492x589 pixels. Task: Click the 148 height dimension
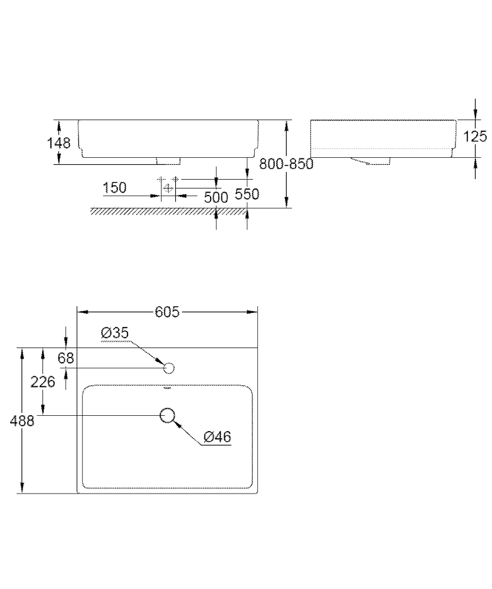(60, 143)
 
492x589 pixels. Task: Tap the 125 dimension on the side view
(475, 137)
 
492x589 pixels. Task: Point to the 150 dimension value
(114, 188)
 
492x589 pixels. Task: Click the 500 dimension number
(216, 197)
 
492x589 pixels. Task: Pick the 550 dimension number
(247, 194)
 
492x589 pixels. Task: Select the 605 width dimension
(167, 312)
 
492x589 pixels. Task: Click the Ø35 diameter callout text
(114, 333)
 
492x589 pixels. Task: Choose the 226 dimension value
(42, 382)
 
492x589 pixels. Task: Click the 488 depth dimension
(22, 421)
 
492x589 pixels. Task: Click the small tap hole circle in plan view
(169, 369)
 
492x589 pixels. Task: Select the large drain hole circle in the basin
(168, 415)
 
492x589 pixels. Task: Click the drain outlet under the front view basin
(168, 160)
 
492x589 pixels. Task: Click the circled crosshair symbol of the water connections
(168, 188)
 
